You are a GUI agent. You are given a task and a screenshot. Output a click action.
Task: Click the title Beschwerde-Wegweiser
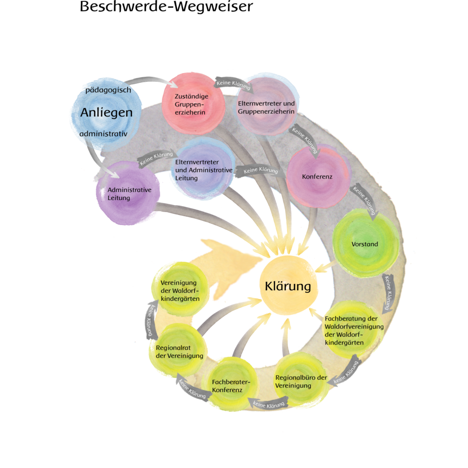click(x=166, y=6)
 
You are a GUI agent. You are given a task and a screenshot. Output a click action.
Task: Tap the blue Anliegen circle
click(x=106, y=113)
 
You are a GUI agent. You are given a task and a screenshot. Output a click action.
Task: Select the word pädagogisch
click(x=108, y=90)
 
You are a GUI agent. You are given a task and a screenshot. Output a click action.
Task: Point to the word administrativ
click(x=103, y=134)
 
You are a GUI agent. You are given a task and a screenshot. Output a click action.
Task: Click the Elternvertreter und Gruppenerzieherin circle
click(x=266, y=106)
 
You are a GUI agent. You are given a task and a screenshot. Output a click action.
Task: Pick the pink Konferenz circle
click(x=318, y=176)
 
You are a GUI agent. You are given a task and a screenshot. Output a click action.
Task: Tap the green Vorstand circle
click(x=366, y=243)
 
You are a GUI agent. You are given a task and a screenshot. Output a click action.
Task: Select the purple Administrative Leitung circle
click(x=128, y=193)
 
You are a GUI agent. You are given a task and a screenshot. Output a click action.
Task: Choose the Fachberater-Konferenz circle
click(x=230, y=384)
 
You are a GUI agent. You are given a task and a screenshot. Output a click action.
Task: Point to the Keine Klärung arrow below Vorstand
click(x=388, y=292)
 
